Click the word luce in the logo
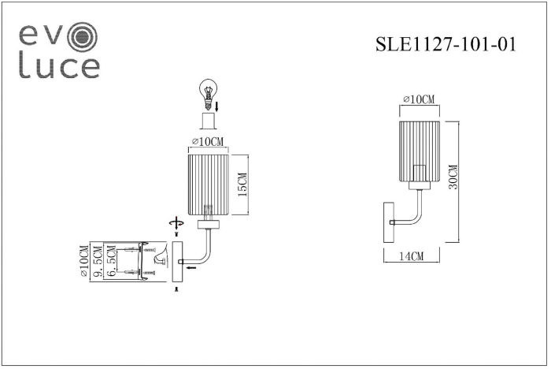point(59,67)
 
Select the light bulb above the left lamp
point(206,91)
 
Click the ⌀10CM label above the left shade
point(208,142)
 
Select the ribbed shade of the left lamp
point(208,185)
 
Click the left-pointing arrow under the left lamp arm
point(191,267)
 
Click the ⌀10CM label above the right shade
point(419,99)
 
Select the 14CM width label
point(411,256)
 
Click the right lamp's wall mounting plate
point(386,222)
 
